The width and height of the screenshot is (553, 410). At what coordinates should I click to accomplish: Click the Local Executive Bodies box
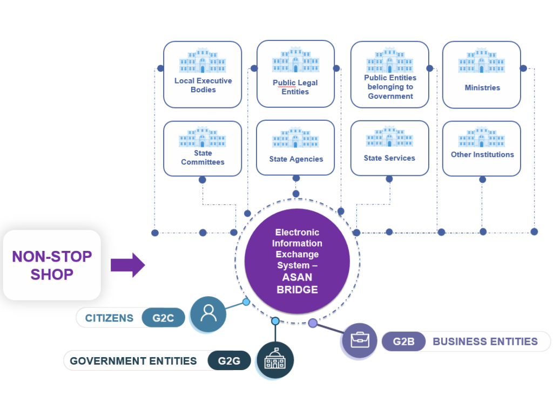point(203,74)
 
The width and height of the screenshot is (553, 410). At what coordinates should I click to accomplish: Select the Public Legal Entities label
point(295,87)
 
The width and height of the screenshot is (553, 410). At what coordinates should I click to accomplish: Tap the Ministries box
point(481,74)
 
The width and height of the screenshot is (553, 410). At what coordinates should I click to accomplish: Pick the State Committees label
point(203,158)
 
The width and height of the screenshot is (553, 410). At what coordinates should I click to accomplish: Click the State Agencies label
point(296,159)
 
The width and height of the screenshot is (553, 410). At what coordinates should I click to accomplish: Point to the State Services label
point(389,158)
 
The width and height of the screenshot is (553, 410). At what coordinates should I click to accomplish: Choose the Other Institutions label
point(482,154)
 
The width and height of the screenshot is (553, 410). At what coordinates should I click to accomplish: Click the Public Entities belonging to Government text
point(390,87)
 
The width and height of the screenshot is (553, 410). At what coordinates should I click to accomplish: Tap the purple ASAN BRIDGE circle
point(297,261)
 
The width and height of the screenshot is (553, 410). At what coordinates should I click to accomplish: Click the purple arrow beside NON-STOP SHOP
point(127,265)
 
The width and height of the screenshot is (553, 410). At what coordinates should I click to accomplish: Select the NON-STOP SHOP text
point(52,265)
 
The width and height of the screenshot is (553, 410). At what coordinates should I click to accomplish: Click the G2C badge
point(163,318)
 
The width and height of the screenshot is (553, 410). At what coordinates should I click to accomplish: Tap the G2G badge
point(229,361)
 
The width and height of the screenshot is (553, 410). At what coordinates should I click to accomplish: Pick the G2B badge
point(403,341)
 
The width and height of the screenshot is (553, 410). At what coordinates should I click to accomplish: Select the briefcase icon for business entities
point(360,340)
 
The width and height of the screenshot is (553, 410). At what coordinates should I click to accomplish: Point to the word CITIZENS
point(109,318)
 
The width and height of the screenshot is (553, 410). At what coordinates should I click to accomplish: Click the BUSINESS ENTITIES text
point(485,341)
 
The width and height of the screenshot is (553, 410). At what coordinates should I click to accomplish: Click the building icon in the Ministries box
point(481,60)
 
